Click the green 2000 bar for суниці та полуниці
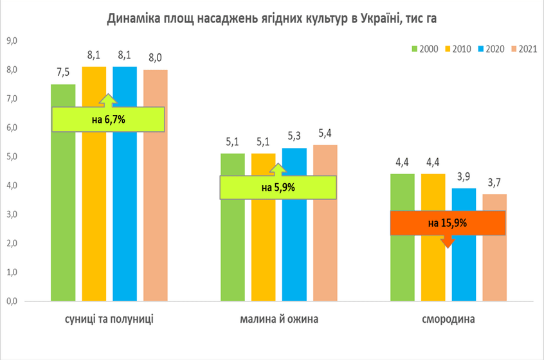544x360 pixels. [x=63, y=192]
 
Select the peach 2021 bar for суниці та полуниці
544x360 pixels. [x=156, y=186]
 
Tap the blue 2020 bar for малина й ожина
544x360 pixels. [x=295, y=224]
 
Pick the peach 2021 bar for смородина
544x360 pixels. [x=494, y=248]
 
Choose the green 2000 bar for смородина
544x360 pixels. [x=402, y=238]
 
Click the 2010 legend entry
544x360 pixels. [x=458, y=49]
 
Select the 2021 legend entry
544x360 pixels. [x=524, y=49]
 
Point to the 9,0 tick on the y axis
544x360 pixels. [x=12, y=41]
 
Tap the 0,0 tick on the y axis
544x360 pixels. [x=12, y=301]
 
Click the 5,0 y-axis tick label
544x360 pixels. [x=12, y=156]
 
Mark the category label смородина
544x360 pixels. [x=448, y=319]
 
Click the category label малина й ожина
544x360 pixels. [x=279, y=319]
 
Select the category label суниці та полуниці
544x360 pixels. [x=109, y=319]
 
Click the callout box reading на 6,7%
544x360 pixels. [x=108, y=120]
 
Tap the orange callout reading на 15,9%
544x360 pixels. [x=448, y=223]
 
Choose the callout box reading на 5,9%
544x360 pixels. [x=278, y=187]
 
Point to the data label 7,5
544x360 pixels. [x=63, y=73]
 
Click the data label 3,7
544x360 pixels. [x=494, y=183]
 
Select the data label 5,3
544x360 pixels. [x=295, y=136]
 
